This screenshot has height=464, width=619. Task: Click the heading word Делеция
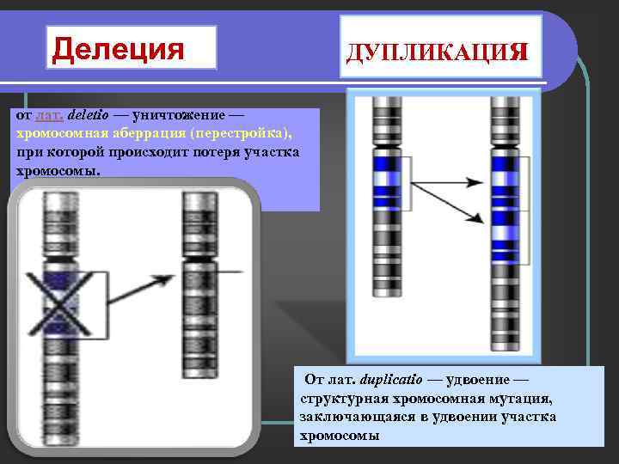click(x=120, y=48)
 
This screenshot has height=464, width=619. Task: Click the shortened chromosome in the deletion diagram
click(x=196, y=284)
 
